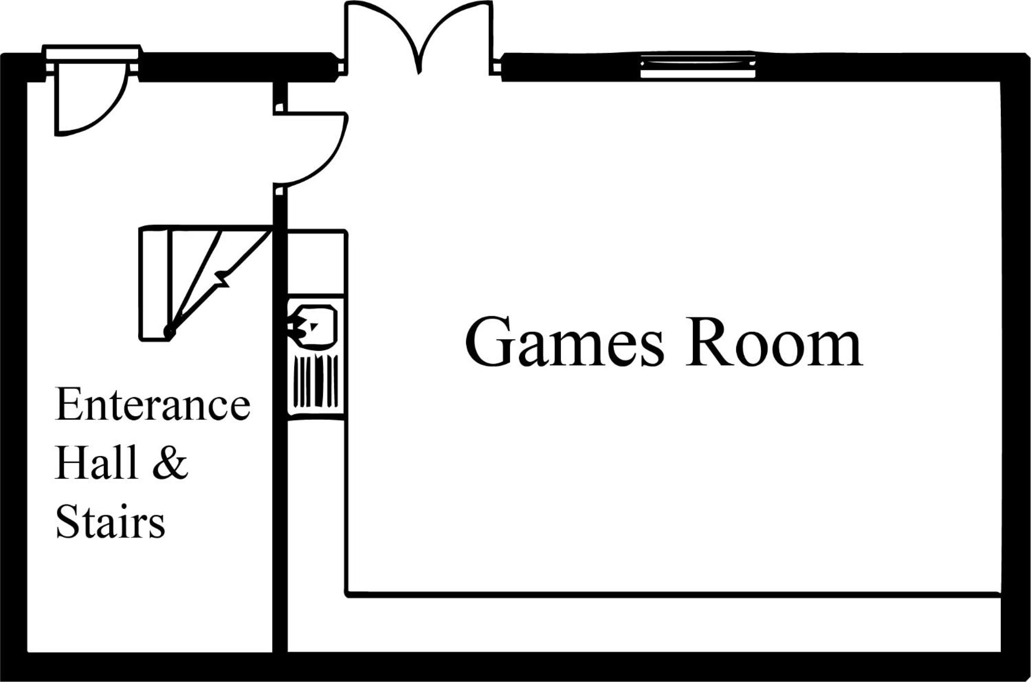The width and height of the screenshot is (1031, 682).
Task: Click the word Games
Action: [565, 343]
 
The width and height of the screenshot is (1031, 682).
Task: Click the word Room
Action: [774, 343]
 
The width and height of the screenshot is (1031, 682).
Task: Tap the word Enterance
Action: [153, 404]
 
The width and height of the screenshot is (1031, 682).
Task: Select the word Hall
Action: [96, 462]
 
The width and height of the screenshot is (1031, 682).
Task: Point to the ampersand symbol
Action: [170, 462]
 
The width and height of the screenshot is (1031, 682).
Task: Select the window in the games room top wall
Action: [698, 66]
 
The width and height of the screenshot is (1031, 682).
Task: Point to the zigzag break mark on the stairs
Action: [222, 279]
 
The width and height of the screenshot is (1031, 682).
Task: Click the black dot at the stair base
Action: [169, 332]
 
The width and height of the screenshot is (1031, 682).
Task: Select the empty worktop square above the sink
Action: [316, 262]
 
